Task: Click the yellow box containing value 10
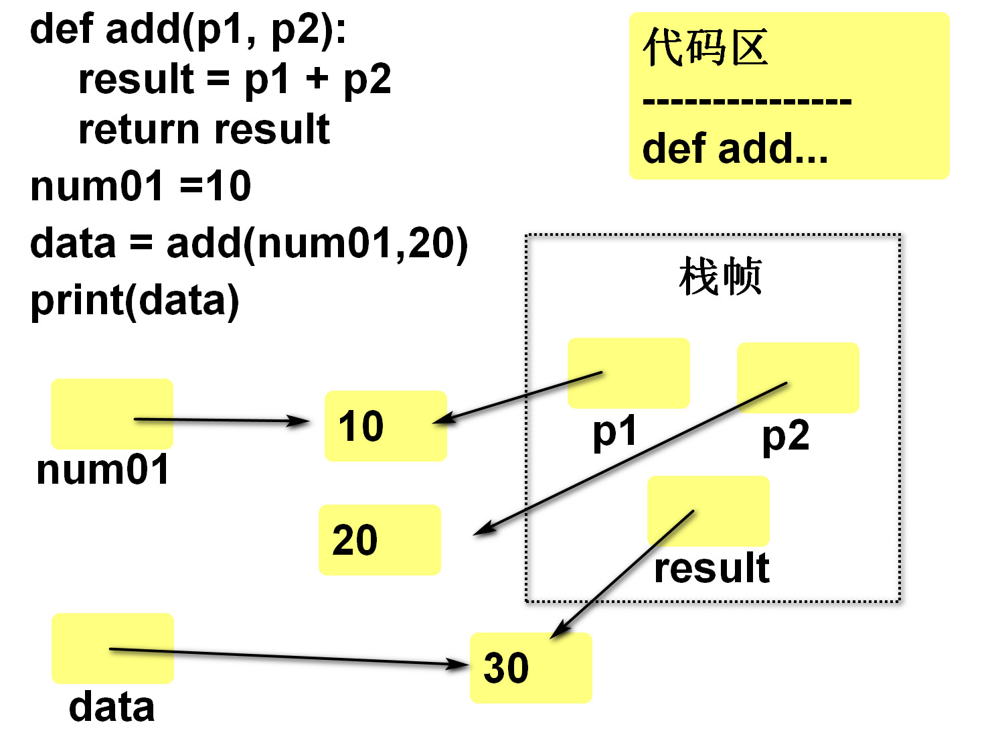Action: [x=386, y=426]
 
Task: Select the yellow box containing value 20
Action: [x=380, y=540]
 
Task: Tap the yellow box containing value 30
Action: [x=531, y=668]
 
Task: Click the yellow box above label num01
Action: [x=112, y=413]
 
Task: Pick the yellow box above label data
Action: [x=112, y=648]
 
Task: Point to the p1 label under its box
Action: [x=614, y=433]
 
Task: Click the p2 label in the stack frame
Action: [x=785, y=437]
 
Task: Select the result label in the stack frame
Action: [x=712, y=568]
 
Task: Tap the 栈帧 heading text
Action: [x=720, y=276]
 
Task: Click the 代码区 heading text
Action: [x=705, y=48]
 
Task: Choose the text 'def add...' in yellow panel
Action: [x=735, y=149]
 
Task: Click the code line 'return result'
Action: [x=203, y=129]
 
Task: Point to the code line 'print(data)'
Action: [x=135, y=300]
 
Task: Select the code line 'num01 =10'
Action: [x=141, y=186]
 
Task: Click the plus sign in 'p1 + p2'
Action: [x=317, y=79]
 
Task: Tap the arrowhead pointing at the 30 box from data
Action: [x=459, y=664]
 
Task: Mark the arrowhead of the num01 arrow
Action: [x=300, y=421]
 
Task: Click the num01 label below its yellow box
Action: [x=102, y=470]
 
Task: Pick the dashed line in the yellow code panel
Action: [x=746, y=102]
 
